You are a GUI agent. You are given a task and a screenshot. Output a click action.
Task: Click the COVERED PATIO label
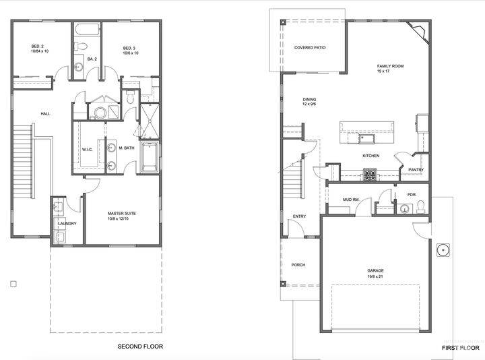[x=310, y=48]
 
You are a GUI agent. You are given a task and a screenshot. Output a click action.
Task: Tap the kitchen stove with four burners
[x=370, y=175]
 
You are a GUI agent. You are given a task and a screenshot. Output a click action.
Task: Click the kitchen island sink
[x=366, y=139]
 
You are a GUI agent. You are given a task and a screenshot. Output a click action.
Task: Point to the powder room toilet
[x=420, y=207]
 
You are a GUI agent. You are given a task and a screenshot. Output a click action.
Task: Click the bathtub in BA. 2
[x=87, y=30]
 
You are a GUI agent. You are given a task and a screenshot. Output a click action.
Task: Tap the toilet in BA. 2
[x=80, y=46]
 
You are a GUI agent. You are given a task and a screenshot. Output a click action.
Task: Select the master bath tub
[x=150, y=157]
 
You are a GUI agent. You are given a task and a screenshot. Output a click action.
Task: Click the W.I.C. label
[x=87, y=150]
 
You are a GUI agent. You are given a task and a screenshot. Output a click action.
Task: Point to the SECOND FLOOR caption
[x=140, y=347]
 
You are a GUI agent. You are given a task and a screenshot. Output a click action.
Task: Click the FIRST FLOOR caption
[x=460, y=348]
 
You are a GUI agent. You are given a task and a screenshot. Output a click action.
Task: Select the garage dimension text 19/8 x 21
[x=375, y=276]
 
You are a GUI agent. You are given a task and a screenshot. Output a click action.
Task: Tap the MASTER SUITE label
[x=121, y=214]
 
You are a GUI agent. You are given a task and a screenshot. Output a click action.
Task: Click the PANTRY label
[x=416, y=170]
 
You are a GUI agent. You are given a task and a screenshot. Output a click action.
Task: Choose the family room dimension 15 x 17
[x=383, y=71]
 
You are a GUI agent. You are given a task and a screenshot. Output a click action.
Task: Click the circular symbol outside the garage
[x=443, y=250]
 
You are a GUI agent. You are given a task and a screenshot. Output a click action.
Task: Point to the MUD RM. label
[x=351, y=200]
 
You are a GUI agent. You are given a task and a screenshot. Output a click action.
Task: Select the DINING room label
[x=309, y=99]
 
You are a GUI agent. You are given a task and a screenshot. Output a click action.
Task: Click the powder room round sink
[x=404, y=209]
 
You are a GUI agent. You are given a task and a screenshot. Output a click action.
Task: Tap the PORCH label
[x=298, y=265]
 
